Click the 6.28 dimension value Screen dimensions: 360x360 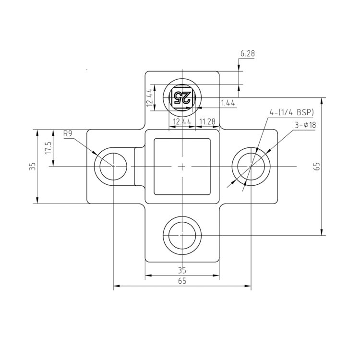(247, 54)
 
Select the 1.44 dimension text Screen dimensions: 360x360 (228, 103)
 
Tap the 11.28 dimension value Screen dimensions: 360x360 (207, 122)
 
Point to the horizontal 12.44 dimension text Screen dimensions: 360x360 (182, 122)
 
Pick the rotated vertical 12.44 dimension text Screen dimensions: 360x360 (150, 97)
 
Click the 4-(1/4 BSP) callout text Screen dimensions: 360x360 (291, 112)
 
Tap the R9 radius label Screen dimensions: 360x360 (68, 134)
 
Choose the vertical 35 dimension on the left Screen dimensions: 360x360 (32, 167)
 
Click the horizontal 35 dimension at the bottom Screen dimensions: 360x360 (182, 270)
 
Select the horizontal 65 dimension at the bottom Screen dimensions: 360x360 (182, 282)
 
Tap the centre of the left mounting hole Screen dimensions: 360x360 (113, 167)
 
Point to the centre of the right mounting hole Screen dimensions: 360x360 (251, 167)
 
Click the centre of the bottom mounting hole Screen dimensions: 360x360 (182, 236)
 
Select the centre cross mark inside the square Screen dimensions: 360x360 (182, 167)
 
